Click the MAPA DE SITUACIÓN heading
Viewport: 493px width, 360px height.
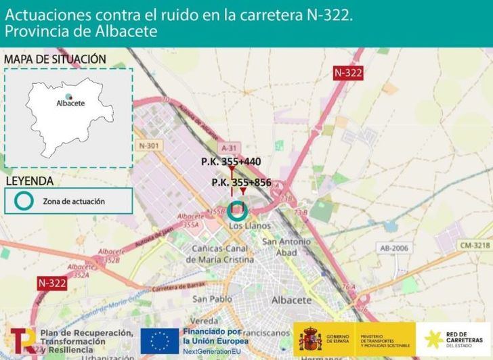click(55, 60)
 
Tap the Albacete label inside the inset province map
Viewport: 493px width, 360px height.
click(70, 104)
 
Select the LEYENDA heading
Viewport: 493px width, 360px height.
click(30, 181)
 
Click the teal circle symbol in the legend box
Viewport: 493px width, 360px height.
click(24, 200)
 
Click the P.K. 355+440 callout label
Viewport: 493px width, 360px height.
click(231, 162)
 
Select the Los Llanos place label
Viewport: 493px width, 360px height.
click(250, 225)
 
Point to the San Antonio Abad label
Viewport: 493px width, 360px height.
click(287, 247)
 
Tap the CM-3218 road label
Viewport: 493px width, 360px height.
click(474, 244)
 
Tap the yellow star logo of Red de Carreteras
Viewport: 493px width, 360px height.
click(435, 338)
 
